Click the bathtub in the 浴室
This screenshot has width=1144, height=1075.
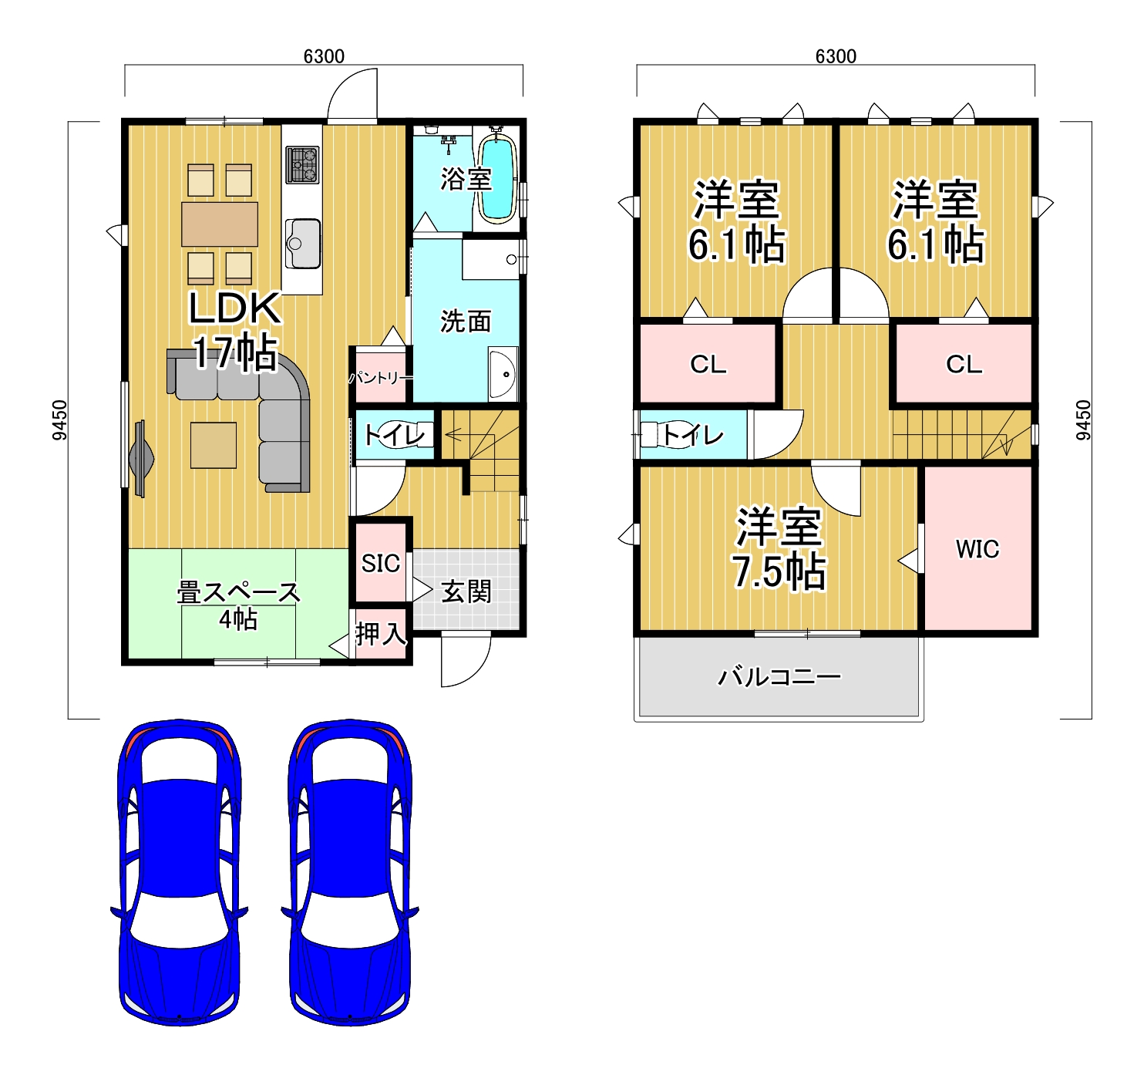tap(497, 179)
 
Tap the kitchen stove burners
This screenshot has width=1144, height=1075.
tap(302, 165)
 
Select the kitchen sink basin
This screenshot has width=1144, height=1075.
tap(303, 243)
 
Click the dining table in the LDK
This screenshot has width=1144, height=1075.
tap(220, 224)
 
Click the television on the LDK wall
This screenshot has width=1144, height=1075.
tap(140, 459)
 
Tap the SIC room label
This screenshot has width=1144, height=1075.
tap(380, 563)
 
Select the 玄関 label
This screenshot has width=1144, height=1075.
tap(466, 591)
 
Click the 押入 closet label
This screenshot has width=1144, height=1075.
tap(381, 634)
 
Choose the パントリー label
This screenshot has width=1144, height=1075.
tap(381, 378)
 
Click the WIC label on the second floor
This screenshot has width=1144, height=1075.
tap(977, 549)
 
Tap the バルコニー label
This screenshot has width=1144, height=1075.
tap(779, 676)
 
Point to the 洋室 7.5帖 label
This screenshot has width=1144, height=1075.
tap(779, 549)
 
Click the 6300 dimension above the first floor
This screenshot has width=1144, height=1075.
tap(324, 56)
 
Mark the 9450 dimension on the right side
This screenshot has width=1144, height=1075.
tap(1084, 420)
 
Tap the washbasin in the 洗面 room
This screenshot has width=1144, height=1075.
tap(503, 373)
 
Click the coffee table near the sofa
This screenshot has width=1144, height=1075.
tap(214, 445)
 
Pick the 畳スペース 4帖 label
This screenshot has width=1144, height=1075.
tap(238, 605)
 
